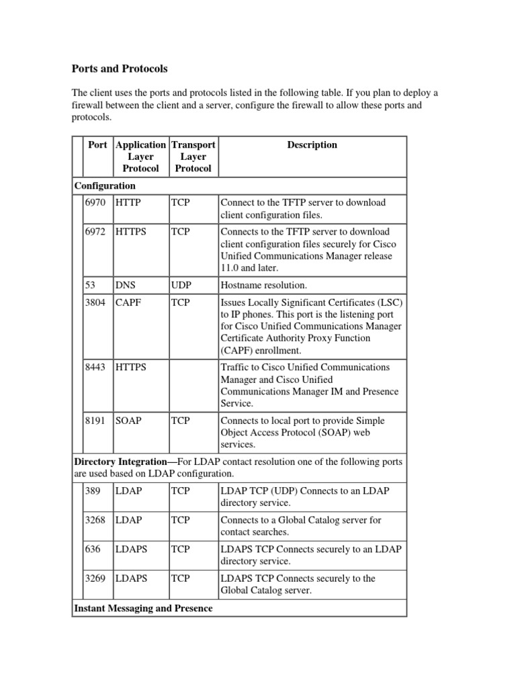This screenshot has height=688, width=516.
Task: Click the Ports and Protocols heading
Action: [x=120, y=69]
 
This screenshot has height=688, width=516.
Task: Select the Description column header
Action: [x=312, y=145]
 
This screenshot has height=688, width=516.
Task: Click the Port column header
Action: [x=97, y=145]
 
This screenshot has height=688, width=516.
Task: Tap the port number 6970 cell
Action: [x=95, y=202]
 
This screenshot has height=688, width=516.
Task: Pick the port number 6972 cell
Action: [x=95, y=232]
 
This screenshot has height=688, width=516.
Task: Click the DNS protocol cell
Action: [x=126, y=286]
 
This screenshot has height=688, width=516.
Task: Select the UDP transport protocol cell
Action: [x=181, y=286]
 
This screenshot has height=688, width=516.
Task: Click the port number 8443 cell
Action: [x=95, y=368]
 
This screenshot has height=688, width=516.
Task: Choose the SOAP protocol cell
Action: [x=128, y=421]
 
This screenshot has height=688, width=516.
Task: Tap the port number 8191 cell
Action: [x=95, y=421]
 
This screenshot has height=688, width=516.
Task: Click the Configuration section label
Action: [x=105, y=185]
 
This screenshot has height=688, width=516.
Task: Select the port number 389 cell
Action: [x=93, y=491]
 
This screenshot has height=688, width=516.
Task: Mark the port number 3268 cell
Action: [x=95, y=520]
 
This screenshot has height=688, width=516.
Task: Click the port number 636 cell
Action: [x=93, y=549]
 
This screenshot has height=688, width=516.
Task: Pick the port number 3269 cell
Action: [x=95, y=578]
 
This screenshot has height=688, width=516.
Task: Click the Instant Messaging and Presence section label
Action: [x=143, y=608]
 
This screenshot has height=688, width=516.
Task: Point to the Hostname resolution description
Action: [x=263, y=286]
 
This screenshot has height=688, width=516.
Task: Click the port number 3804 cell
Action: [x=95, y=303]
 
